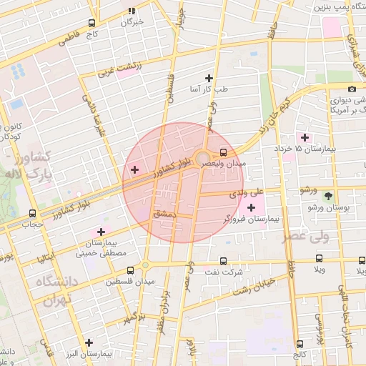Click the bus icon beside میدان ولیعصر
tap(224, 152)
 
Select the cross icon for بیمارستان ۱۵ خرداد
tap(305, 137)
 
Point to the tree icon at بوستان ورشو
tap(328, 196)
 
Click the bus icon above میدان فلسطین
tap(130, 271)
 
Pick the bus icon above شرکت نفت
tap(224, 262)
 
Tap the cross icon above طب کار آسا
tap(209, 78)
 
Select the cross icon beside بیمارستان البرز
tap(89, 342)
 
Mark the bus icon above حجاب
tap(32, 213)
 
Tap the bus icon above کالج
tap(300, 345)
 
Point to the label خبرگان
tap(132, 21)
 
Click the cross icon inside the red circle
tap(134, 169)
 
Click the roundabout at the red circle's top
tap(203, 157)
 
